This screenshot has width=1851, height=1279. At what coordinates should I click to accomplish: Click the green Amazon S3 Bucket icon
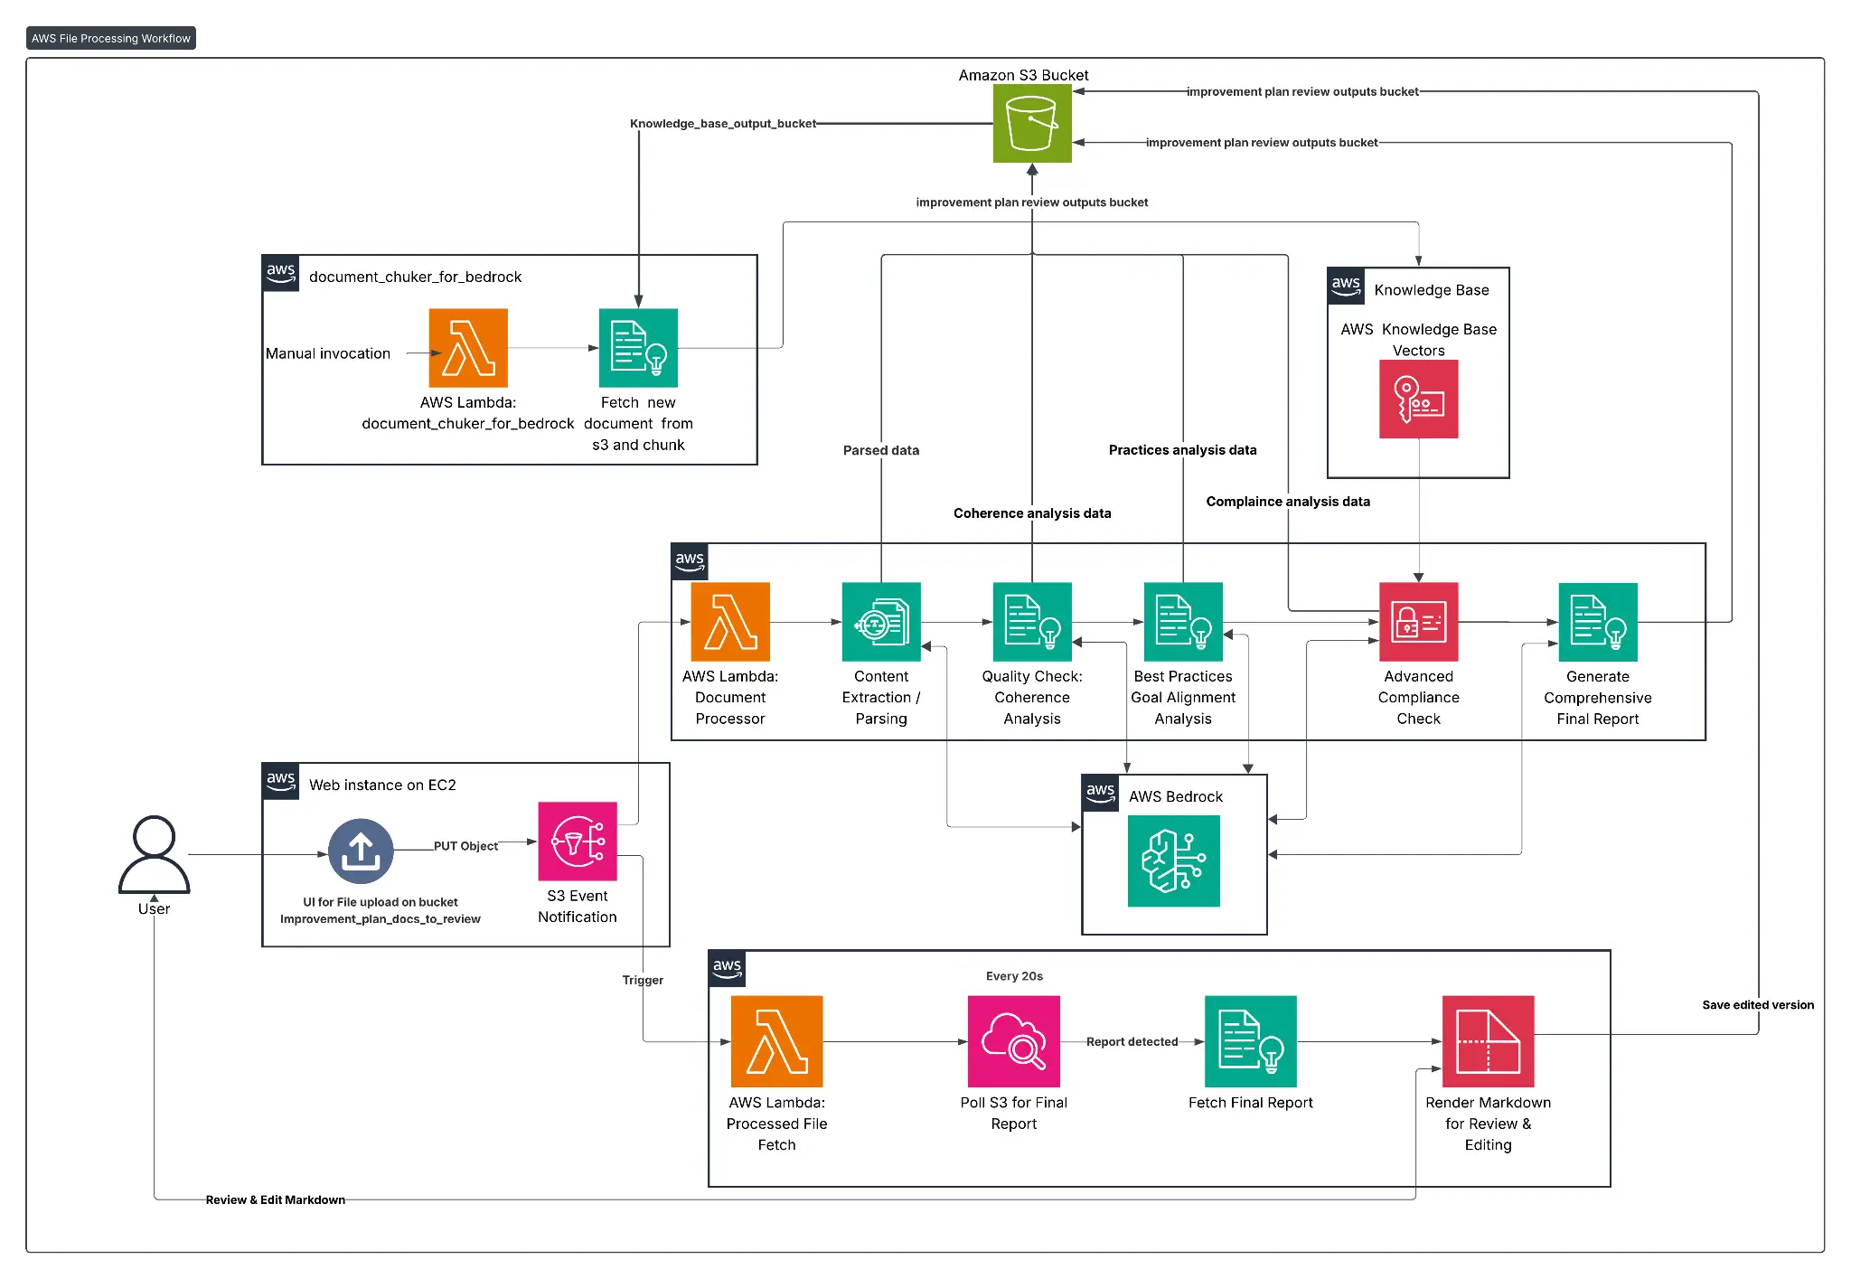[x=1032, y=123]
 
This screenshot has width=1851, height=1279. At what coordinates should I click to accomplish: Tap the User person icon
[x=154, y=855]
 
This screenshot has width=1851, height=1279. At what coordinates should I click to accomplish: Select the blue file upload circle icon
[x=361, y=851]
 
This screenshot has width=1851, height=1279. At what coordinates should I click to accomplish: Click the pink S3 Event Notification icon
[x=578, y=842]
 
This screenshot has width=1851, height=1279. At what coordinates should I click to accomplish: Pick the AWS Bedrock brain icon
[x=1174, y=861]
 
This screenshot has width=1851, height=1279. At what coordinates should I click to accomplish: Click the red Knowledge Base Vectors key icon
[x=1419, y=400]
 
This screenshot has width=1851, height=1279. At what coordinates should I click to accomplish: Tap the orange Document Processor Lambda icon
[x=730, y=622]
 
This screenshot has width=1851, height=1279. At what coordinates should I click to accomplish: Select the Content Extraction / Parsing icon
[x=881, y=622]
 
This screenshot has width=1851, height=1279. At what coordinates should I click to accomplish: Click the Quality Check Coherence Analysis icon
[x=1032, y=622]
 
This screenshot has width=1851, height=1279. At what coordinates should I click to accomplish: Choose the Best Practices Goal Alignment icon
[x=1183, y=622]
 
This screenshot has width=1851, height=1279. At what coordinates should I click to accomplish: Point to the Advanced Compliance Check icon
[x=1419, y=622]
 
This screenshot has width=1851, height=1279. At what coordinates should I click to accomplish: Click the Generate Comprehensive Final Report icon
[x=1598, y=622]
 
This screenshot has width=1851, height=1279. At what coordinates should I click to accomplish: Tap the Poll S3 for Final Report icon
[x=1014, y=1041]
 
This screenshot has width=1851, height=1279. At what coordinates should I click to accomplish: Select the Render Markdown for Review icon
[x=1489, y=1041]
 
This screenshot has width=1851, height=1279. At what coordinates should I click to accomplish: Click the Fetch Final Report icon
[x=1251, y=1041]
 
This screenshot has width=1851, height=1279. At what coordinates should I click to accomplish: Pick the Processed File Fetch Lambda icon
[x=776, y=1041]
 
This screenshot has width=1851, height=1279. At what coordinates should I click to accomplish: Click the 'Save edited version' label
[x=1758, y=1005]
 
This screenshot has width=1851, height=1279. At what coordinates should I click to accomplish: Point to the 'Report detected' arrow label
[x=1132, y=1042]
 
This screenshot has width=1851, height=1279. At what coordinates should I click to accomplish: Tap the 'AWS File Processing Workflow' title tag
[x=111, y=38]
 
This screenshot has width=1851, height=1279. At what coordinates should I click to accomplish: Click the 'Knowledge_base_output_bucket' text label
[x=723, y=124]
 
